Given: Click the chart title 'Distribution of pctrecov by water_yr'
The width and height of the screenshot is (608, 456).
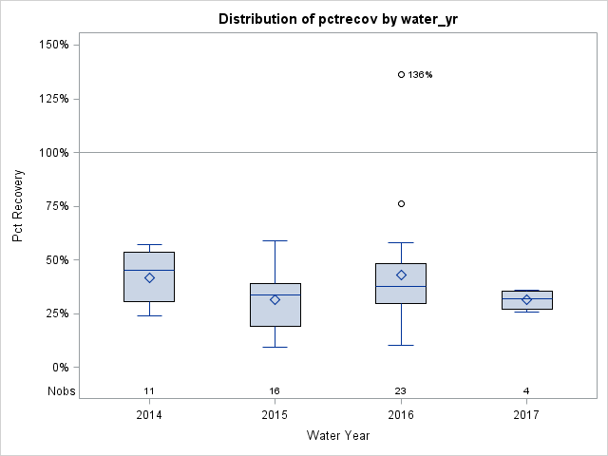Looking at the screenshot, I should pyautogui.click(x=338, y=19).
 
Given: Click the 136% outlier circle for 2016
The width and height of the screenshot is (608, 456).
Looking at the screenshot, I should pyautogui.click(x=401, y=74).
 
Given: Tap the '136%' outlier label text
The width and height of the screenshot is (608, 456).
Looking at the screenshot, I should pyautogui.click(x=420, y=75).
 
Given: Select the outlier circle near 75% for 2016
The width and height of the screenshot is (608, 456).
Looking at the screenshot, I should pyautogui.click(x=401, y=203).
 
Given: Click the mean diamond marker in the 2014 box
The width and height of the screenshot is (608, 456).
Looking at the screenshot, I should pyautogui.click(x=149, y=277).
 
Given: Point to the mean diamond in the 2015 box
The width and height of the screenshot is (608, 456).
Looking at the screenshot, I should pyautogui.click(x=275, y=299).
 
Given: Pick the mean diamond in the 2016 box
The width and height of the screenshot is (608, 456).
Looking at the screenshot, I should pyautogui.click(x=401, y=275).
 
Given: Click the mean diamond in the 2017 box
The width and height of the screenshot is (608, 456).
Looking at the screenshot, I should pyautogui.click(x=526, y=299).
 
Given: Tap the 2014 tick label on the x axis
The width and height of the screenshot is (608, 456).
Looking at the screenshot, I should pyautogui.click(x=149, y=414).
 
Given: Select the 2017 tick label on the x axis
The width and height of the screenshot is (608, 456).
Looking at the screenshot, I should pyautogui.click(x=526, y=414).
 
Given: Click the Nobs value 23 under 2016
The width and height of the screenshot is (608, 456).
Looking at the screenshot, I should pyautogui.click(x=401, y=390).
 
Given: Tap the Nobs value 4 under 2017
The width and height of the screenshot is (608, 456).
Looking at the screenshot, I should pyautogui.click(x=526, y=390).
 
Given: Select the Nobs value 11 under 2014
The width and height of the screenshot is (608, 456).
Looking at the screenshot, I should pyautogui.click(x=149, y=390).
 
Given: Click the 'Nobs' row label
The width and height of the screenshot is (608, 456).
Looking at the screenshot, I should pyautogui.click(x=61, y=390).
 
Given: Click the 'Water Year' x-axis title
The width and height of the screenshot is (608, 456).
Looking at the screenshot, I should pyautogui.click(x=338, y=436).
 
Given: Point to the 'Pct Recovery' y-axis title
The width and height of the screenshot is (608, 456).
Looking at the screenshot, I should pyautogui.click(x=18, y=206).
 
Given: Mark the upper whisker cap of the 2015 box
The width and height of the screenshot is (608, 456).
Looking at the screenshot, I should pyautogui.click(x=275, y=240).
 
